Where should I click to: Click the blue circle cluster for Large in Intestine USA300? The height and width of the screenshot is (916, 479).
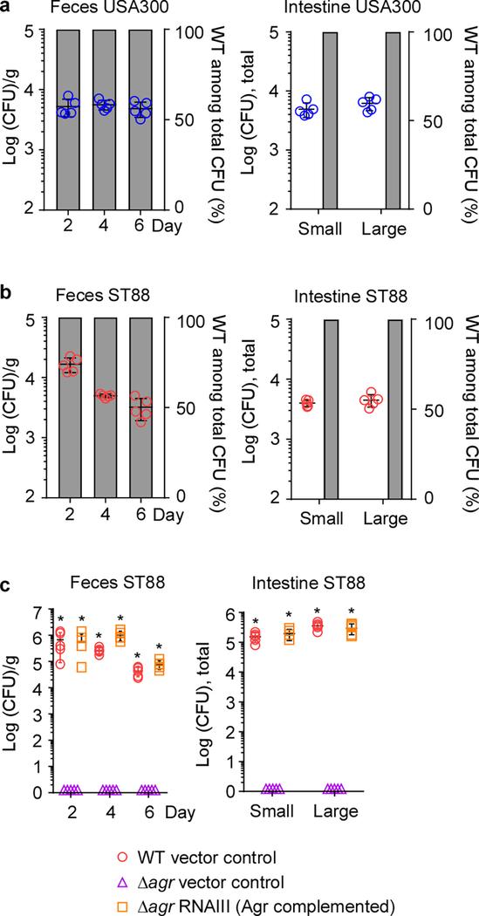370,105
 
